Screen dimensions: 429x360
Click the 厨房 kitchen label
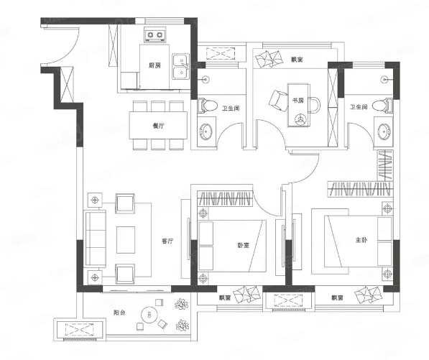click(154, 65)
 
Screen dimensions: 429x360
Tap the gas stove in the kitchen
click(155, 34)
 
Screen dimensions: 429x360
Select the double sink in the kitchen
click(180, 67)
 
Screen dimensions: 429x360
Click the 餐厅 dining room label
click(158, 126)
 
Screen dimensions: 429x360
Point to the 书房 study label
click(298, 101)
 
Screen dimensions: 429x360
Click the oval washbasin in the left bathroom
click(206, 131)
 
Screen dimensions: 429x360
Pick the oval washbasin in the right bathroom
click(385, 131)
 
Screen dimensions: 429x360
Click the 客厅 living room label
click(167, 241)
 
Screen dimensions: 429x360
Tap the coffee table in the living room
click(126, 240)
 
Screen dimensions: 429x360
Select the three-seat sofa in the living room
click(96, 238)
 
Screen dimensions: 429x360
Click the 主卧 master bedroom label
click(361, 240)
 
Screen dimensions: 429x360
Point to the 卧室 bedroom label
click(243, 245)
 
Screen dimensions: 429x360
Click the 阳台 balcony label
click(119, 313)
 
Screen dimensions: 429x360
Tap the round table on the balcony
click(149, 315)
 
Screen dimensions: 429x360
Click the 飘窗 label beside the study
click(297, 60)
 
